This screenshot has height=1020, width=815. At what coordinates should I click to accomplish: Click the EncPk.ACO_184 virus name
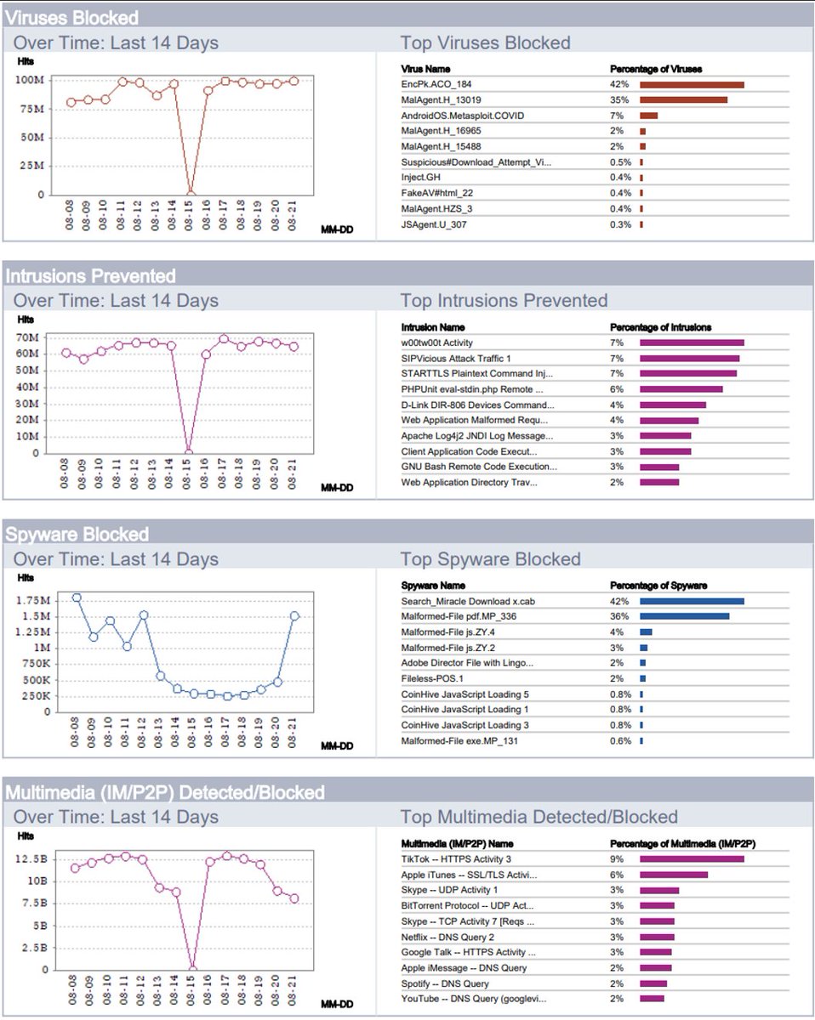click(436, 84)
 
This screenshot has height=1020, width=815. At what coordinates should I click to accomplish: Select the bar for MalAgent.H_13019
click(683, 100)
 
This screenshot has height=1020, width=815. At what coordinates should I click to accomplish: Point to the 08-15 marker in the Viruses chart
click(191, 194)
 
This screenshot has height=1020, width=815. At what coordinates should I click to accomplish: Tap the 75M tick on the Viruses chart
click(31, 109)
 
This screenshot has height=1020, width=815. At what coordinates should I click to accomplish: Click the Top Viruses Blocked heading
click(485, 42)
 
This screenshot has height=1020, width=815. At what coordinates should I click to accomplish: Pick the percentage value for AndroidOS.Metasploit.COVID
click(616, 116)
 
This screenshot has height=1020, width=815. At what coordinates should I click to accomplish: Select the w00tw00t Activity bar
click(692, 343)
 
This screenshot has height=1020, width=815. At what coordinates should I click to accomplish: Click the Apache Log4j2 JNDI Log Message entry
click(476, 436)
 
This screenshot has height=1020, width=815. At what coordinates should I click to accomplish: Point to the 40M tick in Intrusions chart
click(27, 387)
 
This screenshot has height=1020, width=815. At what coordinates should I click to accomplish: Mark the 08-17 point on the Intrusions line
click(224, 339)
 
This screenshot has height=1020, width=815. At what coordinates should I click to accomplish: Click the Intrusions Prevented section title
click(91, 276)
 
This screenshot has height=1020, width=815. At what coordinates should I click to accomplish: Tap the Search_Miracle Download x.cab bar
click(692, 601)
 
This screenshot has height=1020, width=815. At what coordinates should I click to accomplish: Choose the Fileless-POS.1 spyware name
click(431, 679)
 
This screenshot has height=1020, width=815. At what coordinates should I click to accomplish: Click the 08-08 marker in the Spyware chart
click(77, 598)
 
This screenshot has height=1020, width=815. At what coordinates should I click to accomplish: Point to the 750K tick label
click(36, 664)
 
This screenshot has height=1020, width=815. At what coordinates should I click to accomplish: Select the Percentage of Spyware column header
click(658, 586)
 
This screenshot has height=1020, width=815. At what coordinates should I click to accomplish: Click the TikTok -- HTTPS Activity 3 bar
click(692, 858)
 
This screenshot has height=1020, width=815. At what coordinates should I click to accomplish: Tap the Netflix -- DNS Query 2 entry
click(447, 937)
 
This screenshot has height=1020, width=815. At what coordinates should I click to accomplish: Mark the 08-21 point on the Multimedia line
click(294, 898)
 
